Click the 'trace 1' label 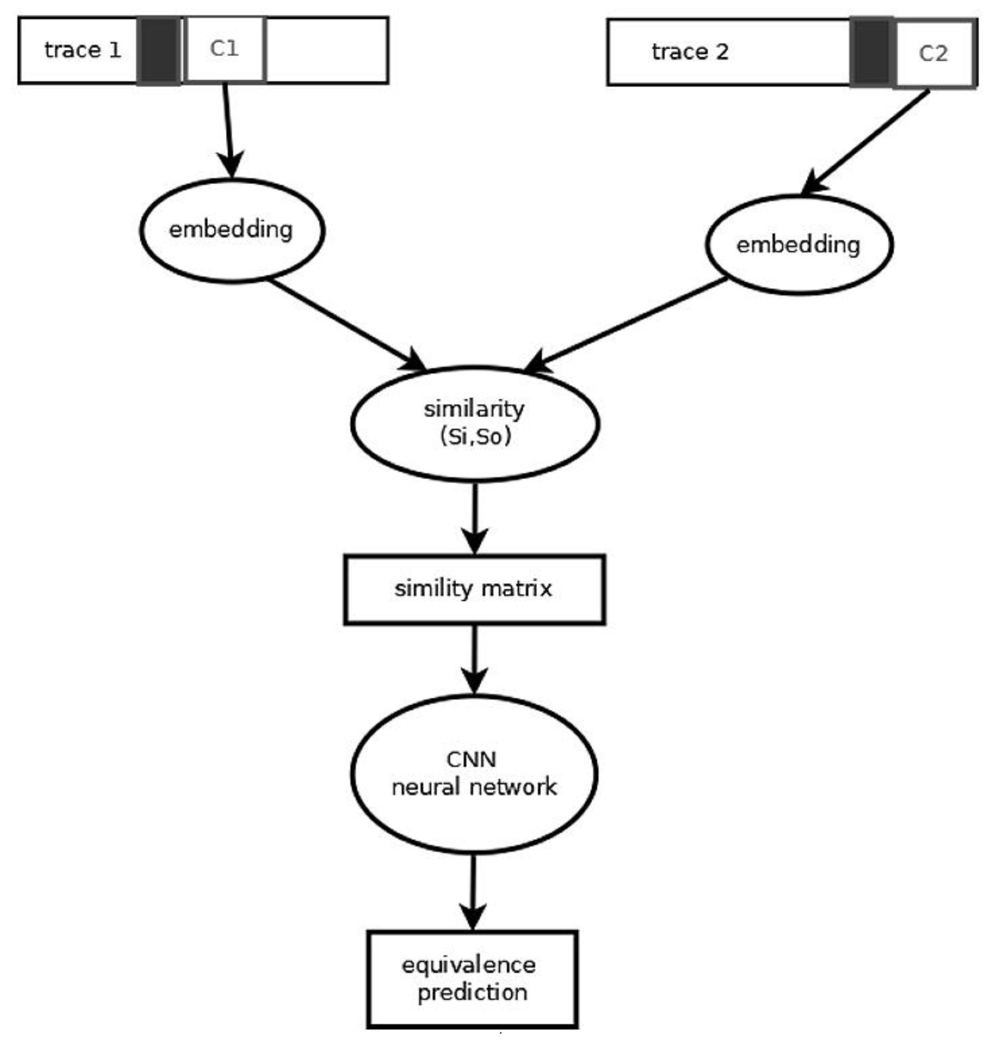tap(83, 50)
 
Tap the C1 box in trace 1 tap(225, 49)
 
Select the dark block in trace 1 tap(158, 50)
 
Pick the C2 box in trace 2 tap(934, 53)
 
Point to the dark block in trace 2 tap(871, 52)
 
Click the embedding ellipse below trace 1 tap(232, 230)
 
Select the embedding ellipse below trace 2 tap(799, 245)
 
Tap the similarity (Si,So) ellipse tap(475, 423)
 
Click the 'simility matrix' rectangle tap(474, 589)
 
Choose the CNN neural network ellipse tap(474, 773)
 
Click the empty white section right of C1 tap(326, 50)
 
